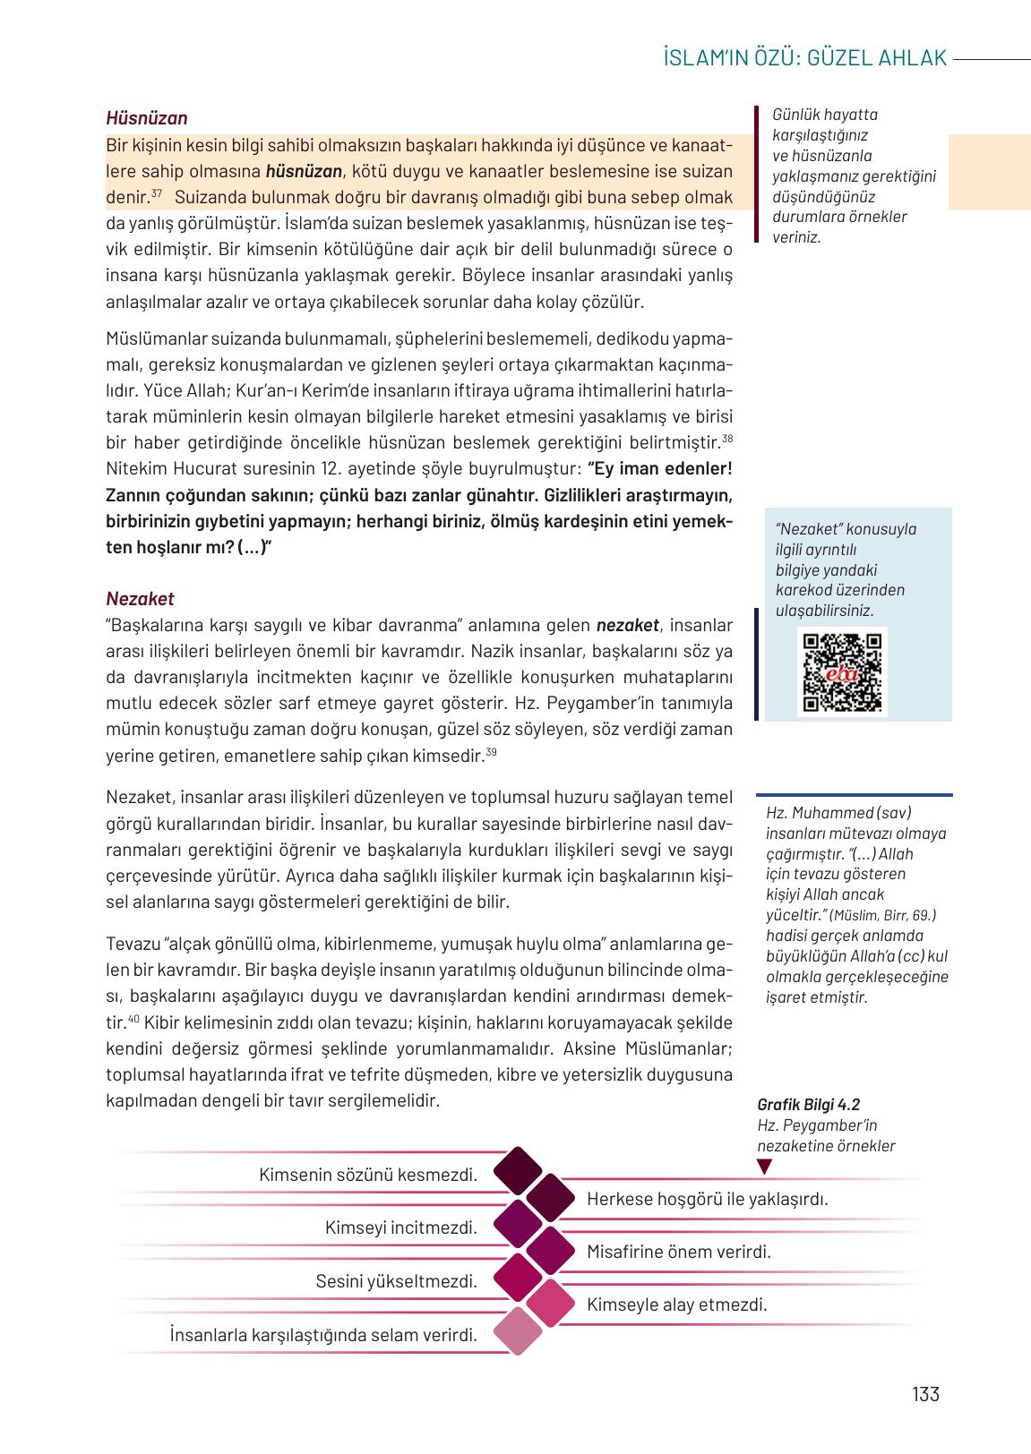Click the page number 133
point(925,1394)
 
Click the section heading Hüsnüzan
point(146,118)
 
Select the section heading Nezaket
point(140,598)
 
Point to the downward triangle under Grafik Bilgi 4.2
point(764,1167)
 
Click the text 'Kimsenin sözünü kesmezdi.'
point(368,1174)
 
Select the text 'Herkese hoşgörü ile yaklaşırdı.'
point(707,1198)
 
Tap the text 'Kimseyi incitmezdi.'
point(400,1227)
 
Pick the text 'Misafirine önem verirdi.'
point(678,1252)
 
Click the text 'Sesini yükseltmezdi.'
point(396,1281)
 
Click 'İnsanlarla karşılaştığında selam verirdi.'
point(322,1335)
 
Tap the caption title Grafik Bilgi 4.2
point(808,1105)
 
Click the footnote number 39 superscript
point(491,753)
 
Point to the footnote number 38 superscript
point(727,439)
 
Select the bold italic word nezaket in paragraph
point(627,625)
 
